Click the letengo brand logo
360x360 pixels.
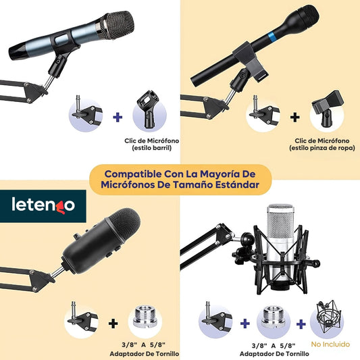click(43, 205)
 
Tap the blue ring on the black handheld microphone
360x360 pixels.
click(272, 36)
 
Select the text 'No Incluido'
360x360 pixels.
click(330, 344)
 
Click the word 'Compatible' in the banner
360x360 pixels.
click(133, 174)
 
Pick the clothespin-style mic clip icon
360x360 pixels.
click(327, 108)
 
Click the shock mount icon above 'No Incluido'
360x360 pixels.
click(327, 317)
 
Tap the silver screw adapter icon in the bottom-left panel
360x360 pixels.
click(145, 317)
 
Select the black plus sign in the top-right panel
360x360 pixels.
click(294, 117)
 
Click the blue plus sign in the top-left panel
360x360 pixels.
click(118, 117)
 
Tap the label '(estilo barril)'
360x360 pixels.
click(152, 148)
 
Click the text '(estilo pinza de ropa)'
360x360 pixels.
click(322, 148)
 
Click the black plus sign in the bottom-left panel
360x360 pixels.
click(113, 324)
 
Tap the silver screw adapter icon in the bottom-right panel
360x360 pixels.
click(274, 317)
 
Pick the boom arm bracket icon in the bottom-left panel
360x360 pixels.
click(82, 316)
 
